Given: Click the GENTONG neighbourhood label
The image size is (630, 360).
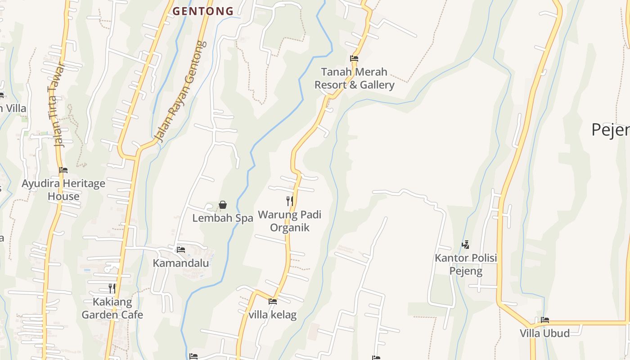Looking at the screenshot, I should coord(203,11).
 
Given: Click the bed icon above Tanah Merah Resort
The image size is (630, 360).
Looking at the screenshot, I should coord(354,58).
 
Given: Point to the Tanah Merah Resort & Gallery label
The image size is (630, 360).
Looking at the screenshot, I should coord(354,78).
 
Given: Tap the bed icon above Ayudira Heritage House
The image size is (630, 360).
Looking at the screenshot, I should coord(63,170).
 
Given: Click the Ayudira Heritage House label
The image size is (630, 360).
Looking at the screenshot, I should coord(63,190).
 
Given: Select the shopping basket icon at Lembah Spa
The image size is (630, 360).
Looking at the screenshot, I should coord(223,205).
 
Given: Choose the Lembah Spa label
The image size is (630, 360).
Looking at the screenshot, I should coord(223,218).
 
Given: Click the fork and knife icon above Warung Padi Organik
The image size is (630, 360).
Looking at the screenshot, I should coord(290,201).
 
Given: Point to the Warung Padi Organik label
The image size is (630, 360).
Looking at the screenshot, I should coord(290,221).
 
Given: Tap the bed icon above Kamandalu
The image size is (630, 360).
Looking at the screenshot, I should coord(181,249).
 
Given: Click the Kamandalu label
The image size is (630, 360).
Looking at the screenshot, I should coord(181,263).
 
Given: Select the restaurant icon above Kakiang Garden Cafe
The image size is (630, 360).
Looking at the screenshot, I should coord(112,288).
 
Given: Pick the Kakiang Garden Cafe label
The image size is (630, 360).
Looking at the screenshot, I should coord(112,308).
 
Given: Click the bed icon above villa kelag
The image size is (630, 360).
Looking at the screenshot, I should coord(273,301).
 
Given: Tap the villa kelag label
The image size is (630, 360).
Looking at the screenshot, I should coord(273,315).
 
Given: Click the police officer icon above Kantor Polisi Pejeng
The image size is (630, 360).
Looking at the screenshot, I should coord(466,245).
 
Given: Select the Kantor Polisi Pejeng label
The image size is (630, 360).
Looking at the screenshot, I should coord(466,265).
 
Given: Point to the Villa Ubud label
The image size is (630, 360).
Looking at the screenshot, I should coord(544,333).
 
